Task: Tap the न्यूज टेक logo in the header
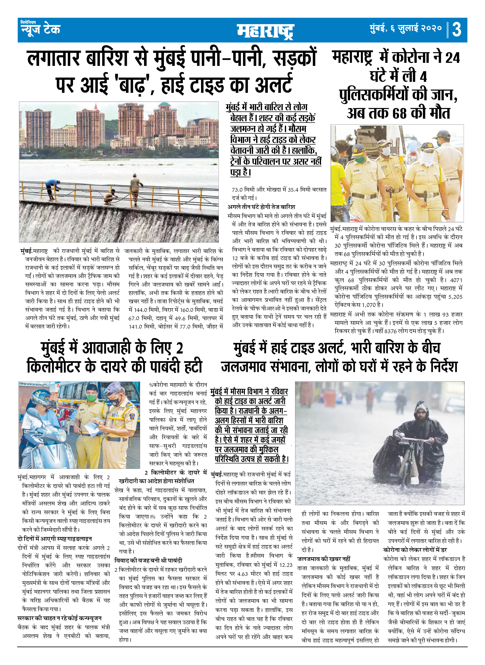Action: pos(40,28)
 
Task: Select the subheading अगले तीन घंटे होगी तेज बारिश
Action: pos(261,207)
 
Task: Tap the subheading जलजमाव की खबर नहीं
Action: pos(323,559)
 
